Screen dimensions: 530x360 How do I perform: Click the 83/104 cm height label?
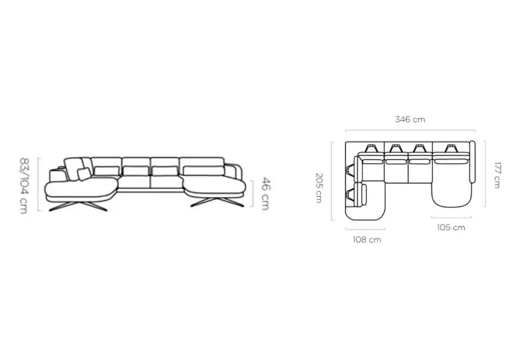click(24, 186)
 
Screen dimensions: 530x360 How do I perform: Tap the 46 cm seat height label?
click(266, 194)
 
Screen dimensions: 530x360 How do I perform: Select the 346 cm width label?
click(410, 119)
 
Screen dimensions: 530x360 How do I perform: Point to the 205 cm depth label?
click(319, 188)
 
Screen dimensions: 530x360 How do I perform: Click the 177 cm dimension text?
click(498, 175)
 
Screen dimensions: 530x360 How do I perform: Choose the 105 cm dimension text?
click(451, 227)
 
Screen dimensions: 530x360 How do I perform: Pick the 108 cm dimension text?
click(367, 239)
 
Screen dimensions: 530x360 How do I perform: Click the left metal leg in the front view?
click(78, 206)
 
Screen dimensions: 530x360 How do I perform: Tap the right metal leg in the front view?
click(217, 202)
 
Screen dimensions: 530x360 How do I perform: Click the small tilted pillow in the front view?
click(84, 174)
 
